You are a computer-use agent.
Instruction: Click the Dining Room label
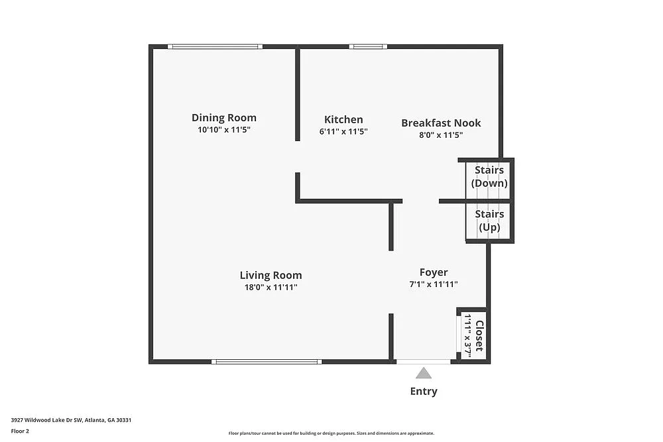(223, 118)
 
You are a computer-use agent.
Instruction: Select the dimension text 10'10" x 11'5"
(223, 130)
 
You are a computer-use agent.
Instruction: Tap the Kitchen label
(343, 120)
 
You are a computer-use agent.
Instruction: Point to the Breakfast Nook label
(441, 123)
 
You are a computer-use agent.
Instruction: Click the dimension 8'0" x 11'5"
(441, 135)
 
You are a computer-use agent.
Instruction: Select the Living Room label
(271, 275)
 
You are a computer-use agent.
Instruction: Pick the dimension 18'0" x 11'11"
(271, 287)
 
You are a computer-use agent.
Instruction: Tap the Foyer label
(434, 272)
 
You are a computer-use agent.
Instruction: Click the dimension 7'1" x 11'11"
(434, 284)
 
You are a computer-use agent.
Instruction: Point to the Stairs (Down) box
(489, 177)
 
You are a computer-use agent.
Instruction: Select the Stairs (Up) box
(489, 221)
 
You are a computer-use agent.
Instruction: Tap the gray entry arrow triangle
(424, 374)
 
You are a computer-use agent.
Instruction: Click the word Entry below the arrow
(424, 391)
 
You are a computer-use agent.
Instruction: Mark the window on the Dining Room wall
(215, 46)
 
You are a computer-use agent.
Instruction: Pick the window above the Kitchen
(368, 46)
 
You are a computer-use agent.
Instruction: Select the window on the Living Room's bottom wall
(267, 362)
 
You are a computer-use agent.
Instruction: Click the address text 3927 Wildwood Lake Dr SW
(46, 419)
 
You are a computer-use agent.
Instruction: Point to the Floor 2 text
(20, 431)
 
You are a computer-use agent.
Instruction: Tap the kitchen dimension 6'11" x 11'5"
(343, 132)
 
